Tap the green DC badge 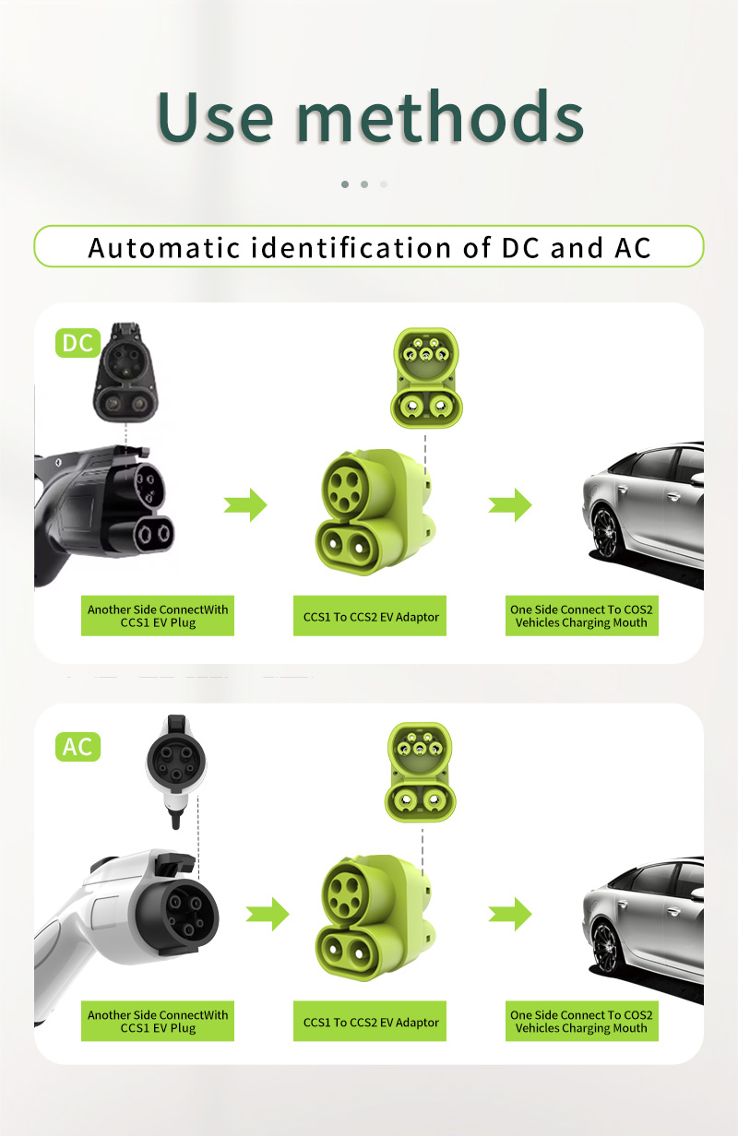[77, 343]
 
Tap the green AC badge [77, 747]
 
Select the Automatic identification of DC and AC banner [369, 246]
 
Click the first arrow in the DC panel [245, 505]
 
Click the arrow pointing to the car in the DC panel [510, 505]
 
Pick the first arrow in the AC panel [268, 914]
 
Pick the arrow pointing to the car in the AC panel [510, 914]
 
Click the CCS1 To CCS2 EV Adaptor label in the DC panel [370, 616]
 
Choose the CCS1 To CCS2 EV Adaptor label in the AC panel [370, 1021]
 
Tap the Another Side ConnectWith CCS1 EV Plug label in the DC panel [158, 616]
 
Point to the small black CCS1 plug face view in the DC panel [125, 373]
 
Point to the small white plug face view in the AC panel [176, 771]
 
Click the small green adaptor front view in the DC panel [426, 378]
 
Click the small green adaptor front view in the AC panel [420, 772]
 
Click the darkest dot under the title [345, 184]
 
